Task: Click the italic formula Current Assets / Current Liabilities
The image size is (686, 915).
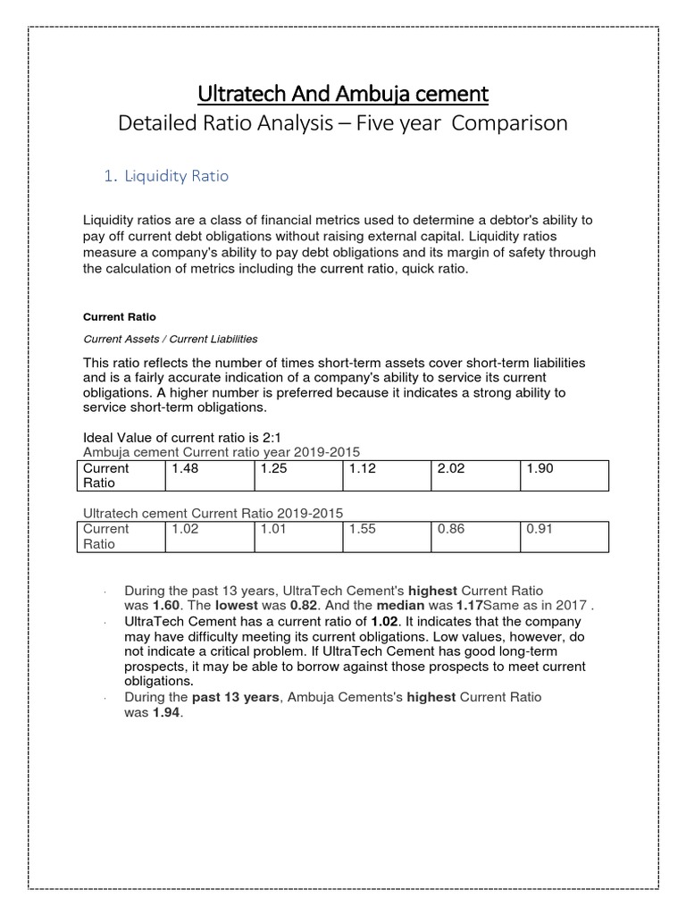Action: (170, 339)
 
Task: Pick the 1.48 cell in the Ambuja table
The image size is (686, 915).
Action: (185, 468)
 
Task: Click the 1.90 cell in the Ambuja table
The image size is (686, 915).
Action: (540, 468)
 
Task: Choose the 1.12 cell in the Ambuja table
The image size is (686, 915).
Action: (363, 468)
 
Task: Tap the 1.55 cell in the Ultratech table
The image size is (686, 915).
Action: (363, 528)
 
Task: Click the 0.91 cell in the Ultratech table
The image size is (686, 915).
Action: (540, 528)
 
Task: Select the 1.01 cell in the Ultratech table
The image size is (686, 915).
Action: (273, 528)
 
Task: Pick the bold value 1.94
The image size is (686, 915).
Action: (164, 711)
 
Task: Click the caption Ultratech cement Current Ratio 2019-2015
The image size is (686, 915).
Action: (213, 513)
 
